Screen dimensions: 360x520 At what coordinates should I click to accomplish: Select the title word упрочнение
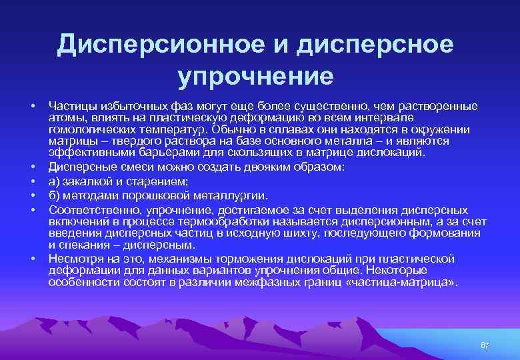(x=255, y=75)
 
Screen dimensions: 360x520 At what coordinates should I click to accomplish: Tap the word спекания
(x=83, y=243)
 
